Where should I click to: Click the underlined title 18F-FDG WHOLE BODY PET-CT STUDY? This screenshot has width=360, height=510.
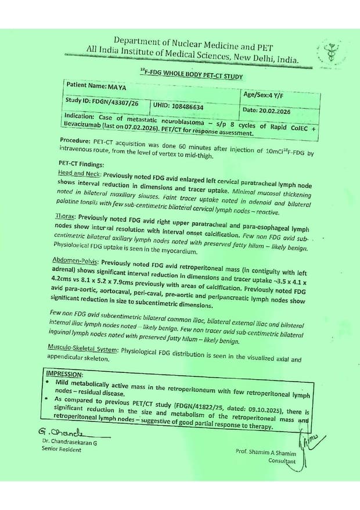click(191, 75)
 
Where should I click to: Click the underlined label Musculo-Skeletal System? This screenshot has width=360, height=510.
click(84, 350)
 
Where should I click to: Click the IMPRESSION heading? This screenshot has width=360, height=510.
click(65, 374)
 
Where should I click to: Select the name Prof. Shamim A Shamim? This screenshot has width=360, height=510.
click(267, 451)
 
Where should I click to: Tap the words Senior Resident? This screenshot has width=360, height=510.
click(61, 450)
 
